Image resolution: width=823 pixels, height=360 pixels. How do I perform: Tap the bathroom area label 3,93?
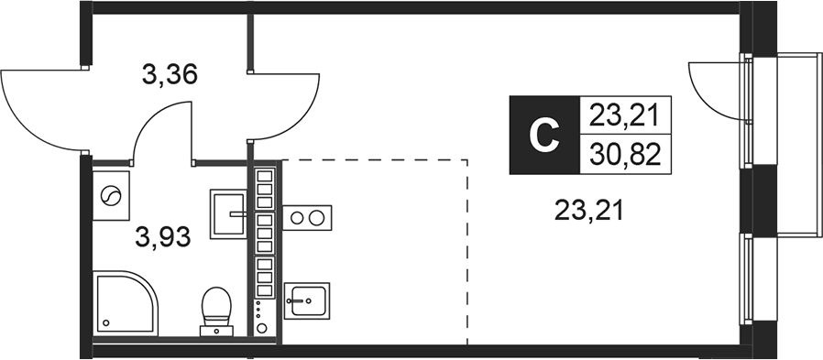(x=162, y=239)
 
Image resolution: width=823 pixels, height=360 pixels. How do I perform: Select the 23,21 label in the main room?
(x=588, y=213)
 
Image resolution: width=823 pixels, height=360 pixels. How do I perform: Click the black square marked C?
(x=545, y=136)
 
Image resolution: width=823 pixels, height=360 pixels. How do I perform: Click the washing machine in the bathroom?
(x=112, y=195)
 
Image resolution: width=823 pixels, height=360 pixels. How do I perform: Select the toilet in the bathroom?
(x=217, y=307)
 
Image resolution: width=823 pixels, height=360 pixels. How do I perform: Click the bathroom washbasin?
(x=229, y=213)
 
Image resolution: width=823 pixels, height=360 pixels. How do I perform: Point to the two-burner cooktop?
(x=308, y=218)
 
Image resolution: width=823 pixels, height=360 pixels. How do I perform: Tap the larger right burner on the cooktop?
(x=318, y=218)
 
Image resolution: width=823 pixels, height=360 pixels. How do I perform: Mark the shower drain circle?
(x=107, y=322)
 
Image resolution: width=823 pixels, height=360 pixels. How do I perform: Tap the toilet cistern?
(x=217, y=320)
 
